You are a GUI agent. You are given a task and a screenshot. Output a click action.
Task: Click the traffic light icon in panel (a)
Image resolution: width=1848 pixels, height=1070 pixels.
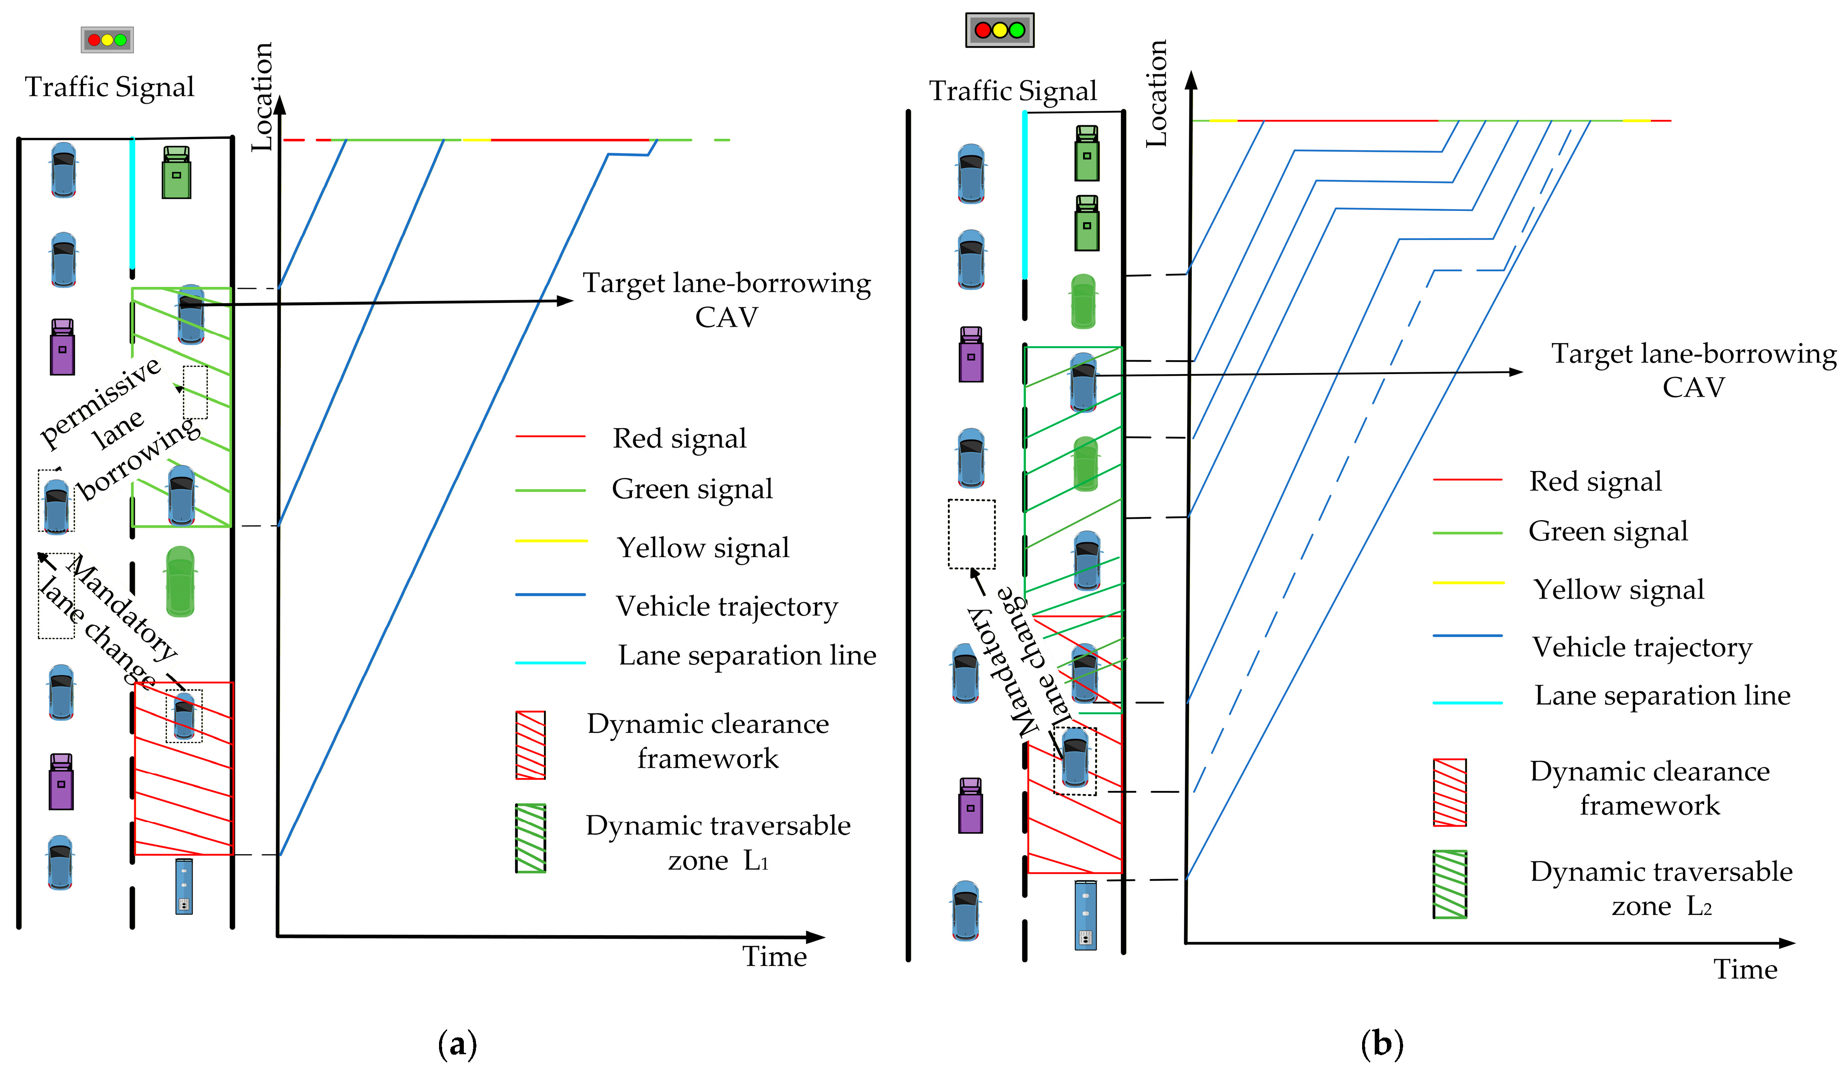click(107, 40)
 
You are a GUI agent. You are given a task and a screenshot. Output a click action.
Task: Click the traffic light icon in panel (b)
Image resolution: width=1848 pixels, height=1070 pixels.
click(1000, 30)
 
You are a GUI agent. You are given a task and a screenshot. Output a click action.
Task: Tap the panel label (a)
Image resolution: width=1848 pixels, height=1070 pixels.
click(457, 1043)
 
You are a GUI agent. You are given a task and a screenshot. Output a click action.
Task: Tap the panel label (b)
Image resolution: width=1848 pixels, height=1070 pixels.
click(1381, 1043)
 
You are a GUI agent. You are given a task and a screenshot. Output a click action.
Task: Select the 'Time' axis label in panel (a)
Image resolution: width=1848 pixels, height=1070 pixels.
click(774, 956)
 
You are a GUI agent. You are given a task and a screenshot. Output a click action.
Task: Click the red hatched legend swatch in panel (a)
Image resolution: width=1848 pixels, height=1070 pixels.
click(530, 745)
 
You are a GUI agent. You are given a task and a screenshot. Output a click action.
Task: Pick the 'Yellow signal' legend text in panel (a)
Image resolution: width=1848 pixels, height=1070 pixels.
click(703, 547)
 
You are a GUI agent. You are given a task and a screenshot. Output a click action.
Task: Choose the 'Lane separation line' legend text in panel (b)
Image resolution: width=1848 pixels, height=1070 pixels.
click(1662, 695)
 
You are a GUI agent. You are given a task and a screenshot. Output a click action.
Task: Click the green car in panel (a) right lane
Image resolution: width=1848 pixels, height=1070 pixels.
click(180, 581)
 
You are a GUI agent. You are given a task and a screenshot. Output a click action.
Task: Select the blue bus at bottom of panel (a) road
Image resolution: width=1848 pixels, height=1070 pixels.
click(183, 886)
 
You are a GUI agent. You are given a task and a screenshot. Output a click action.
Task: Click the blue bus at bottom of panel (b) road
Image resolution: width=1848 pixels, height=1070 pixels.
click(1085, 915)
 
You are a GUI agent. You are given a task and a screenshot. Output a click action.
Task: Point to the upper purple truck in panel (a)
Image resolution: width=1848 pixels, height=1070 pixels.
click(62, 347)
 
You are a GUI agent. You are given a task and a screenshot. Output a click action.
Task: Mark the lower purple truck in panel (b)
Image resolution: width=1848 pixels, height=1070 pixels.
click(970, 805)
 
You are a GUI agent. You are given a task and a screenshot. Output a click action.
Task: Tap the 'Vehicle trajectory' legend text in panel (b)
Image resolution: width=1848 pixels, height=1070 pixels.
click(1642, 647)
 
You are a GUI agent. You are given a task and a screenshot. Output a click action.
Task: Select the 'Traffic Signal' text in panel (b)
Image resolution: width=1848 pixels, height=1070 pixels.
click(1013, 91)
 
